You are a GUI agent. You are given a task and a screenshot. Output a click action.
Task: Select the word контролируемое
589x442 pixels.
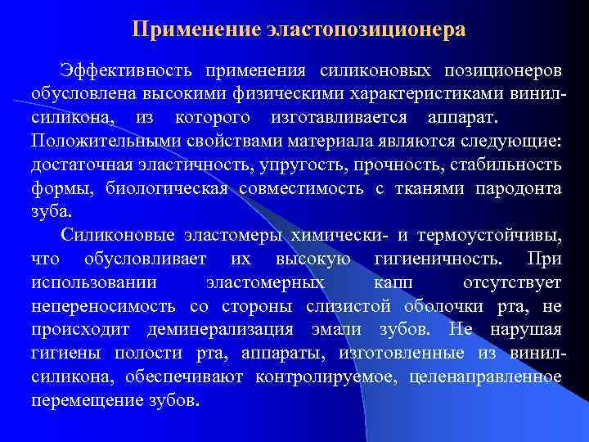coord(317,377)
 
